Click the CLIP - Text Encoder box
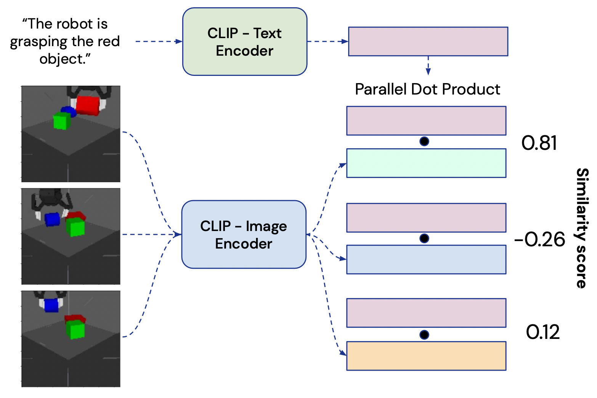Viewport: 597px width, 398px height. click(x=244, y=42)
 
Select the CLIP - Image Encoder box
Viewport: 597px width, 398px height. click(x=244, y=234)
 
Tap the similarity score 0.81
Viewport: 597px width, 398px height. click(x=539, y=143)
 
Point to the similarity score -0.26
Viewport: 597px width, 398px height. click(x=539, y=240)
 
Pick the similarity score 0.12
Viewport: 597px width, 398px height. click(x=542, y=332)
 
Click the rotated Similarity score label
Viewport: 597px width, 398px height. click(x=581, y=228)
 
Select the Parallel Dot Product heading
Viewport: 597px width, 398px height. click(x=427, y=89)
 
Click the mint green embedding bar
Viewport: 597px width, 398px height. click(x=426, y=163)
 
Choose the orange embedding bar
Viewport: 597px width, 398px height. click(x=426, y=356)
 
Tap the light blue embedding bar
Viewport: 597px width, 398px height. click(x=426, y=260)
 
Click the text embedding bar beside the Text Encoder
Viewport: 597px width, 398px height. click(x=428, y=42)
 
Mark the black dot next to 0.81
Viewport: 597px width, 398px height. click(x=424, y=141)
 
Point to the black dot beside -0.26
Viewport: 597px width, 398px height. click(x=424, y=238)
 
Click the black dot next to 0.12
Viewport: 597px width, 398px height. click(x=424, y=335)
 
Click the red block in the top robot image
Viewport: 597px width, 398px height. click(x=88, y=105)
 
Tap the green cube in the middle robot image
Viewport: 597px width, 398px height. click(x=75, y=227)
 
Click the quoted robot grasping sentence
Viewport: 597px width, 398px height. click(x=65, y=41)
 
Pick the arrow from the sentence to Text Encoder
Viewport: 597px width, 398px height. click(x=159, y=41)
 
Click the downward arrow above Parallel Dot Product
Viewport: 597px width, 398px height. click(x=428, y=66)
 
